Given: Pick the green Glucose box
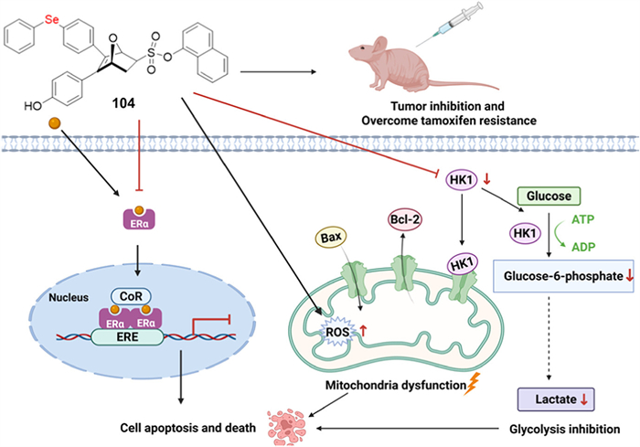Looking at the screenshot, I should coord(545,195).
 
